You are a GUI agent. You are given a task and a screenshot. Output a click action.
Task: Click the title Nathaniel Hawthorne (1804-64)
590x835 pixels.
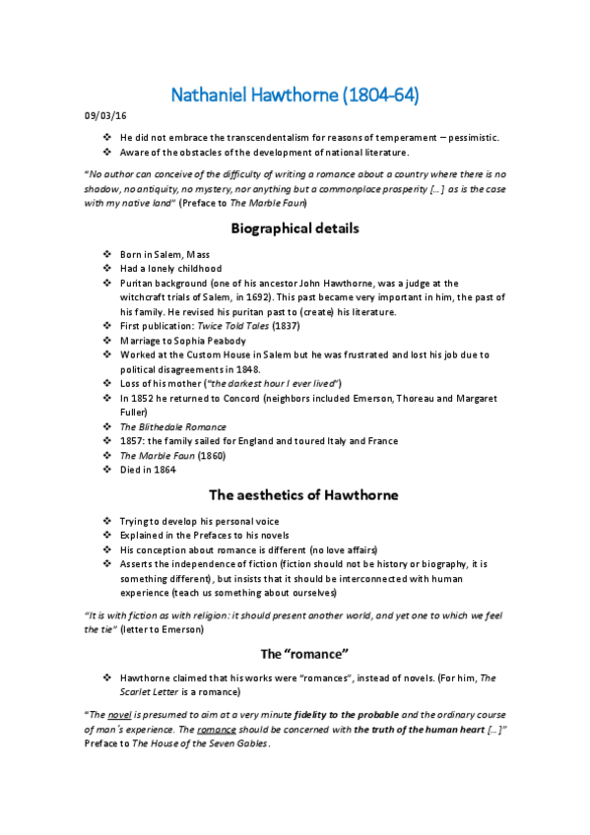click(295, 96)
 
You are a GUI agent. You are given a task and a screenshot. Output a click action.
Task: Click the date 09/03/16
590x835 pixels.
click(101, 119)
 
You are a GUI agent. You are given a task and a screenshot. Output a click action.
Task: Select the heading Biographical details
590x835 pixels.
click(295, 228)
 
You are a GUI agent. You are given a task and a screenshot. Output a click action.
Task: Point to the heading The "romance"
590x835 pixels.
click(295, 653)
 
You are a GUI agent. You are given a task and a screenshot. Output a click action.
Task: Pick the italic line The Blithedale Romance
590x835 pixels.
click(172, 426)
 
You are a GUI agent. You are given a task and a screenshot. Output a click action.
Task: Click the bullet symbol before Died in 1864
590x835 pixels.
click(107, 470)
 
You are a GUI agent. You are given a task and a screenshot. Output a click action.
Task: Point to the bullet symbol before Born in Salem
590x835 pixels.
click(107, 254)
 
